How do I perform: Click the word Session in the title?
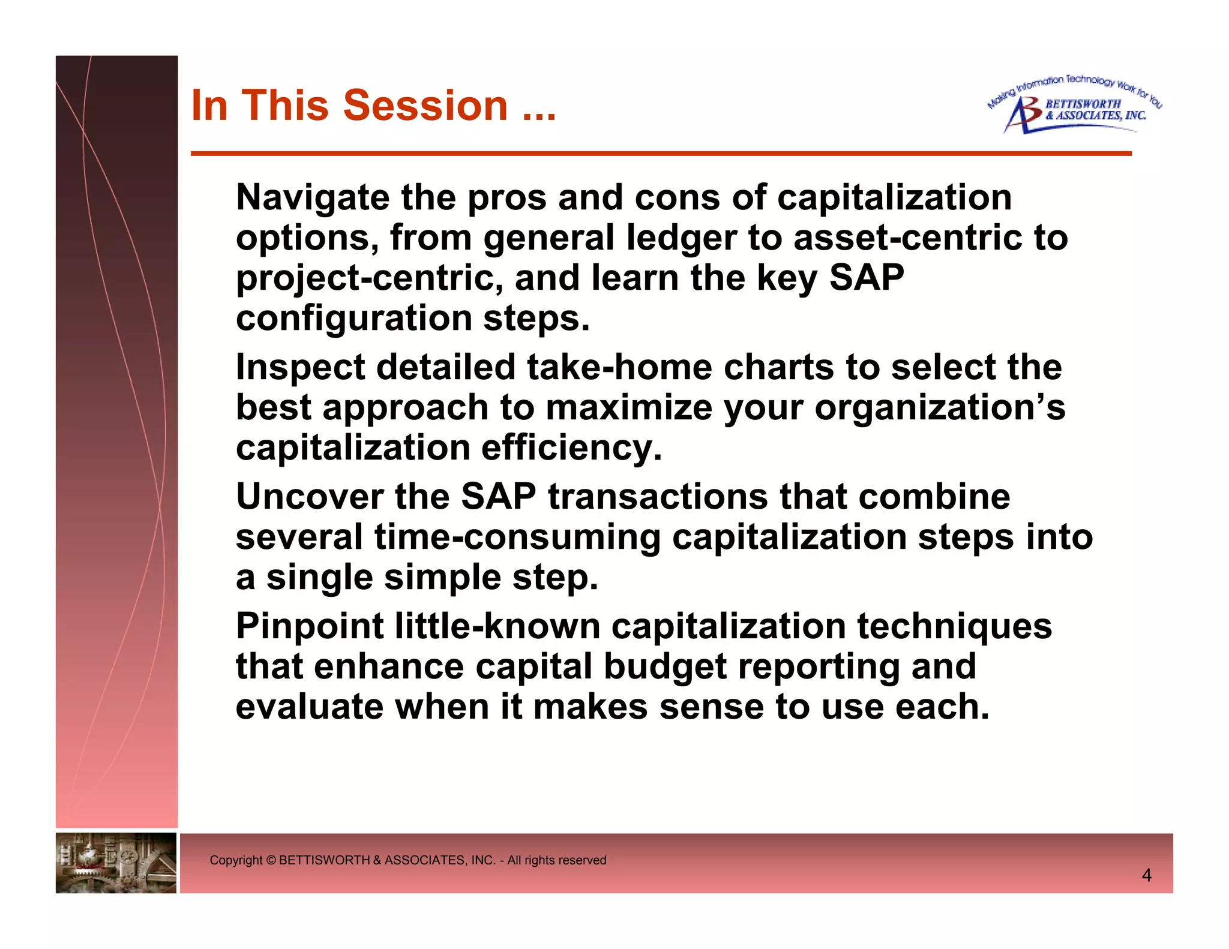[426, 106]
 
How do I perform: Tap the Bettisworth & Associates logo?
[1074, 106]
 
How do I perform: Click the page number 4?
[1146, 875]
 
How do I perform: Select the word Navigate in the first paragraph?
[312, 198]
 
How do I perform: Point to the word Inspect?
[299, 367]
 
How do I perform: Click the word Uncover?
[310, 497]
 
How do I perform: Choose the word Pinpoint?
[310, 626]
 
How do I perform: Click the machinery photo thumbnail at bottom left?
[116, 863]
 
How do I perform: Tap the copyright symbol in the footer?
[270, 860]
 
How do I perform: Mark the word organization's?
[940, 408]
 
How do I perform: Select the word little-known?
[497, 626]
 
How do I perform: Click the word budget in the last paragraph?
[665, 666]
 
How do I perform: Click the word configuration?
[354, 318]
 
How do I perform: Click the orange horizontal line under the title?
[660, 154]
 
